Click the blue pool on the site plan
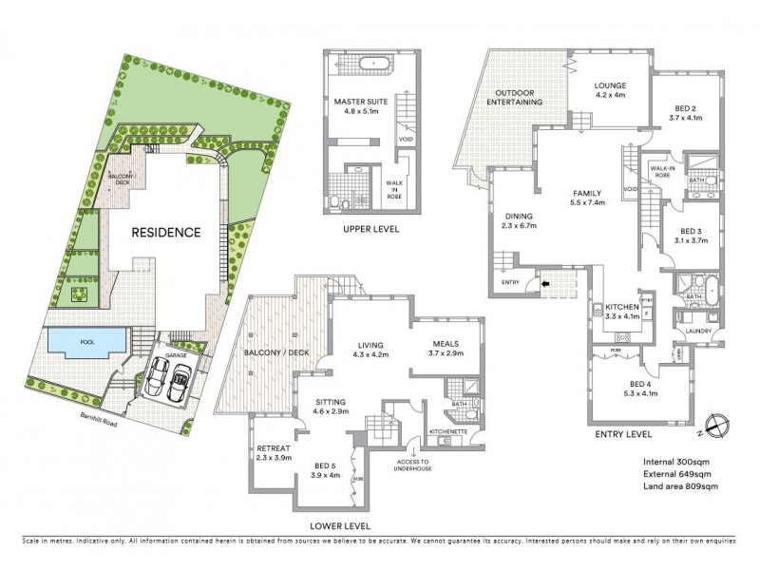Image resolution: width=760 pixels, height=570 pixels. coord(86,340)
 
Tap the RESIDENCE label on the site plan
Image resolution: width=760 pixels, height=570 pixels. coord(165,232)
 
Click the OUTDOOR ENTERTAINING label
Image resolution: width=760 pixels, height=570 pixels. coord(515,97)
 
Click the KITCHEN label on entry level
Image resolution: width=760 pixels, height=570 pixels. coord(623,308)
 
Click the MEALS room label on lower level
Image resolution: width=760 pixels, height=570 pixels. coord(446,345)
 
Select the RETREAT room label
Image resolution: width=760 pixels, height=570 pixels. coord(274,448)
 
